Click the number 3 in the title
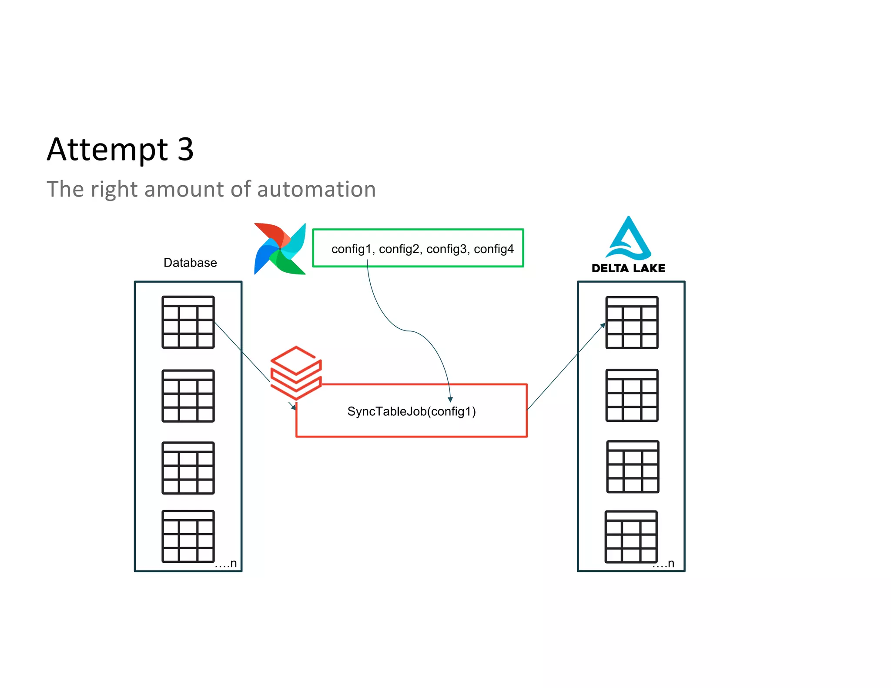coord(185,150)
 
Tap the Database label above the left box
coord(190,263)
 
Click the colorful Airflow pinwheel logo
coord(280,249)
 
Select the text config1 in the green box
coord(352,249)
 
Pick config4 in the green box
coord(494,249)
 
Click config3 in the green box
coord(446,249)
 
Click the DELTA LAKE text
coord(628,268)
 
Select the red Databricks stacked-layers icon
coord(296,373)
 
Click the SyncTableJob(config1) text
coord(411,411)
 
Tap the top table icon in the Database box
coord(188,322)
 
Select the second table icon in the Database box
coord(188,396)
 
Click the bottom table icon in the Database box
coord(188,536)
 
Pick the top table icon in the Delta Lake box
coord(632,323)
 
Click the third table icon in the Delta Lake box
coord(633,467)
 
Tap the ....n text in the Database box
coord(226,564)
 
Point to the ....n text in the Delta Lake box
coord(663,564)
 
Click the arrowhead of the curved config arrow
coord(450,399)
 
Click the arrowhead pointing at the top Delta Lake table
coord(603,325)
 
